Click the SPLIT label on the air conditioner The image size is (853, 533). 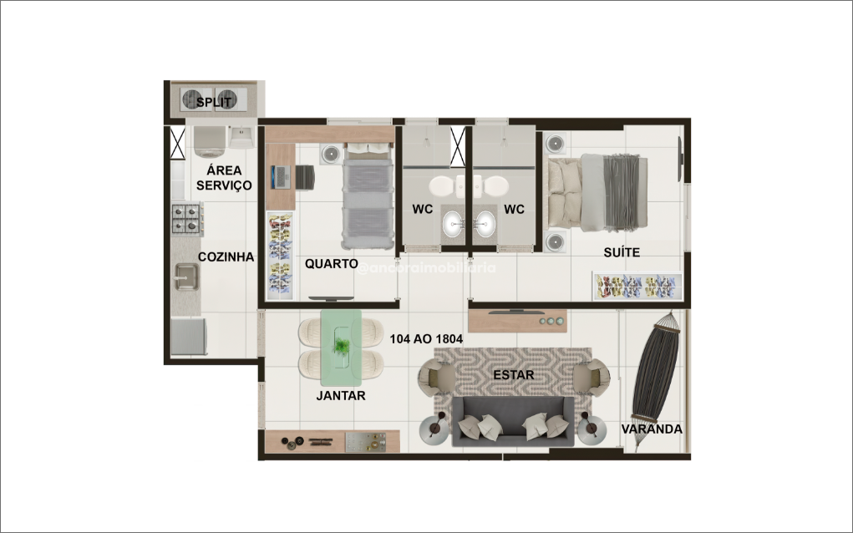tap(213, 103)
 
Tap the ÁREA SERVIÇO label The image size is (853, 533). tap(223, 178)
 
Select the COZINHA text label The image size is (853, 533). tap(226, 257)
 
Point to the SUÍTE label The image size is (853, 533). tap(622, 252)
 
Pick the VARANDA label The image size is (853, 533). tap(652, 429)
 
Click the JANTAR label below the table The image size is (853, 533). tap(340, 395)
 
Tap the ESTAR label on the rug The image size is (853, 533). tap(513, 375)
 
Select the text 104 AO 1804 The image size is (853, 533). tap(426, 339)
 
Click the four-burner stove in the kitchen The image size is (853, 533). tap(187, 218)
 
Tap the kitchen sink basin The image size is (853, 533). tap(185, 275)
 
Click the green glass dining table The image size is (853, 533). tap(341, 342)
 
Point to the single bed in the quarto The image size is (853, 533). tap(368, 200)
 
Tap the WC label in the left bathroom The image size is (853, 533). tap(421, 209)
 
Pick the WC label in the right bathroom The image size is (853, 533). tap(514, 209)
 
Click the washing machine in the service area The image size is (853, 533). tap(209, 141)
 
